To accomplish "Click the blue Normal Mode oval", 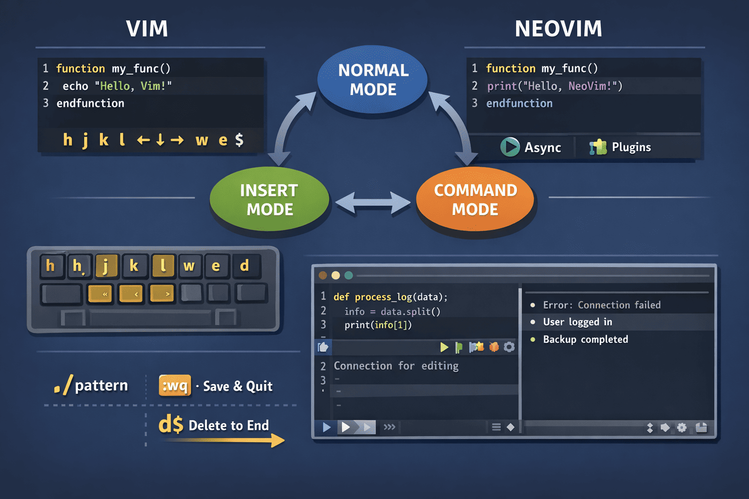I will [x=373, y=79].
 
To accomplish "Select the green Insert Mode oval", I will [x=269, y=199].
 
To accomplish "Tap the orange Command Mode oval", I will [x=475, y=199].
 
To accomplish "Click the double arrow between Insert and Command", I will [x=373, y=203].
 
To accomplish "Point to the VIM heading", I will [x=147, y=29].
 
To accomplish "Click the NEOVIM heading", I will [x=558, y=29].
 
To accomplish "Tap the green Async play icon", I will [x=510, y=147].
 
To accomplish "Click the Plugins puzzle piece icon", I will [x=598, y=147].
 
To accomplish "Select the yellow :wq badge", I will [x=175, y=386].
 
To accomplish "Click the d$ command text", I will [x=171, y=424].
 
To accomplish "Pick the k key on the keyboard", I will [x=134, y=266].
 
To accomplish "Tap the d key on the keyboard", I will [x=245, y=266].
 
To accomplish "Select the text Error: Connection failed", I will [x=602, y=305].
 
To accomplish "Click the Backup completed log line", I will [x=585, y=339].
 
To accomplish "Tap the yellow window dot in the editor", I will [x=335, y=275].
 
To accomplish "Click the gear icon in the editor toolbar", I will [x=509, y=347].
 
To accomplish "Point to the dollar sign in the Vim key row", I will [x=239, y=140].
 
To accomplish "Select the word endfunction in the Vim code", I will [x=90, y=103].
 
